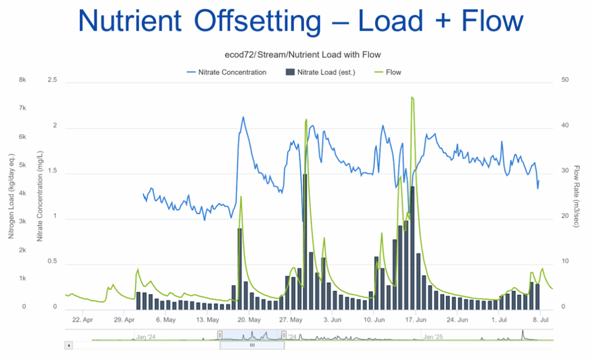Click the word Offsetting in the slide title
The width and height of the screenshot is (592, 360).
tap(258, 21)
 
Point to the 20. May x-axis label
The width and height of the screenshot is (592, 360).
tap(247, 319)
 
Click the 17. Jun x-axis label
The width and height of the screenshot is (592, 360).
tap(415, 319)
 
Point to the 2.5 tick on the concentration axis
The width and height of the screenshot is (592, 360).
tap(52, 80)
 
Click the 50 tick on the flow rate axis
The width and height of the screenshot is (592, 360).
tap(566, 80)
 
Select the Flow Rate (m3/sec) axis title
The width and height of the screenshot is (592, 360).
tap(576, 196)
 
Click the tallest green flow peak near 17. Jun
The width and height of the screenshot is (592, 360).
tap(412, 98)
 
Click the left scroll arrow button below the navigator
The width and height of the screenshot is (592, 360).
tap(69, 345)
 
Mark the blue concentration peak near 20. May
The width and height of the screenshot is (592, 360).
tap(243, 117)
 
